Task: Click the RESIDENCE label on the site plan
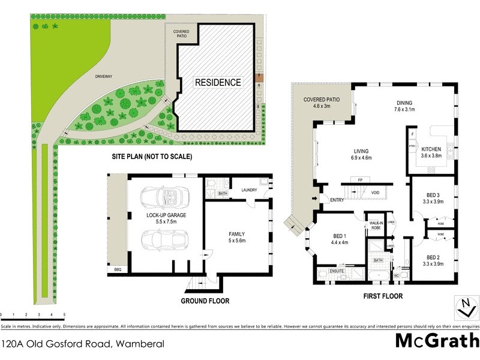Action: [217, 82]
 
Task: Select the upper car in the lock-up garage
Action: [164, 196]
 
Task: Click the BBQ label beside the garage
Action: [117, 271]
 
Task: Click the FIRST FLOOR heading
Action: [382, 296]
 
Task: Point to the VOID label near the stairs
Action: [375, 193]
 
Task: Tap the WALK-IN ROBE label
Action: [376, 226]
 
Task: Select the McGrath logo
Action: [437, 340]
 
